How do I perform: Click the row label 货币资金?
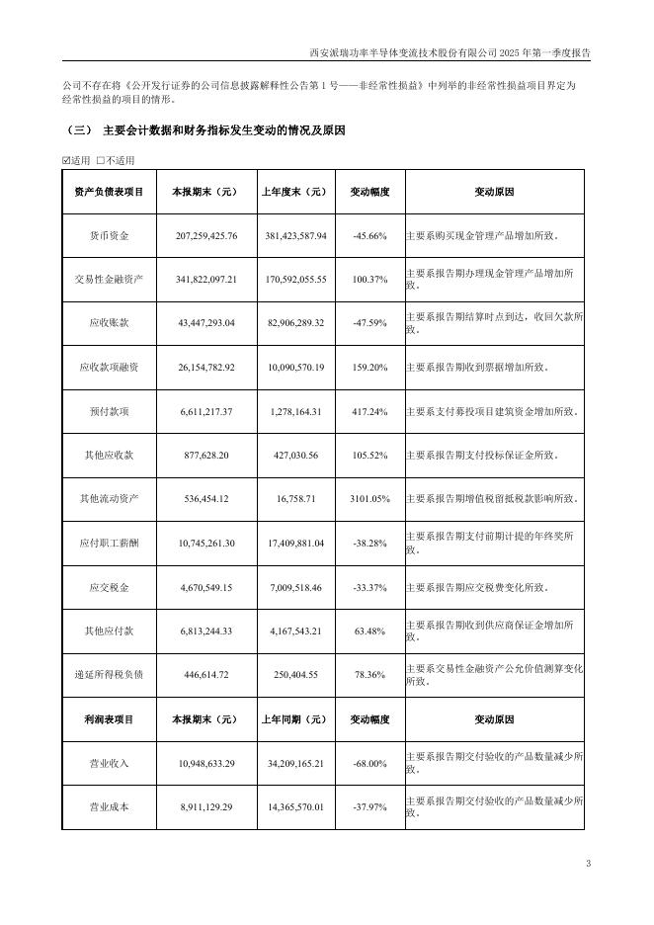[110, 237]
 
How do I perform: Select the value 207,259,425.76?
[206, 237]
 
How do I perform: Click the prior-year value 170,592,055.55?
[293, 281]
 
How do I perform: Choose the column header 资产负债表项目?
[110, 193]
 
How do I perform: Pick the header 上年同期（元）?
[293, 719]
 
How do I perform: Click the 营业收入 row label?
[110, 764]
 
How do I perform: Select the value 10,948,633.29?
[206, 764]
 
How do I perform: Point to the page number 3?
[588, 865]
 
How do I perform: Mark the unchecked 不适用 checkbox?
[101, 160]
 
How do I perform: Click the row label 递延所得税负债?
[110, 674]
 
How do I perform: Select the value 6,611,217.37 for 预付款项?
[206, 412]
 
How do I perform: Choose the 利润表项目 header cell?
[110, 719]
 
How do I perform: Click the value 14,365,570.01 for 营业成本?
[293, 807]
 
